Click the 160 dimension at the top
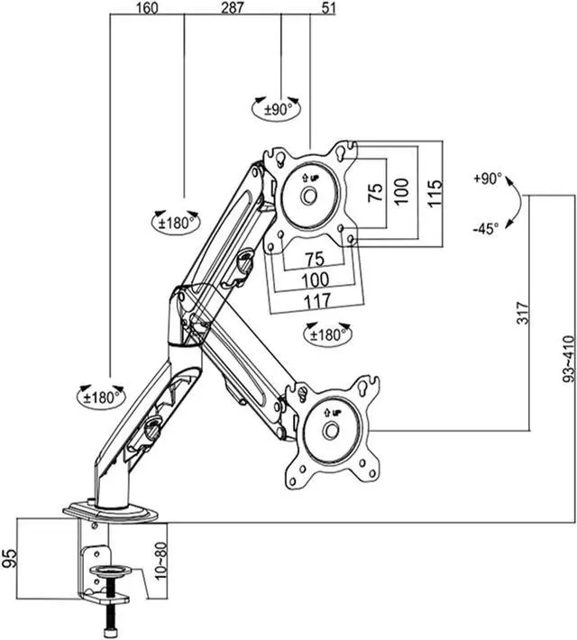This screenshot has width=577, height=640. (147, 8)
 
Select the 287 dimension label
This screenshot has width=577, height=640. (233, 8)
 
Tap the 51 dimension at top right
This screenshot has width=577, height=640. (328, 8)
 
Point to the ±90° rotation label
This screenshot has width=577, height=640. (279, 109)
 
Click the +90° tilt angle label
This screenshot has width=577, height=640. (487, 178)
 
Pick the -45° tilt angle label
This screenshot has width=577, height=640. (486, 229)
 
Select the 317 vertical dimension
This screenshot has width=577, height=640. (522, 313)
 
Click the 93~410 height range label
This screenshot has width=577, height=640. (569, 359)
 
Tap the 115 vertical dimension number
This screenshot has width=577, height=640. (435, 193)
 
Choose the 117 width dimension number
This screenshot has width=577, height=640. (316, 302)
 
